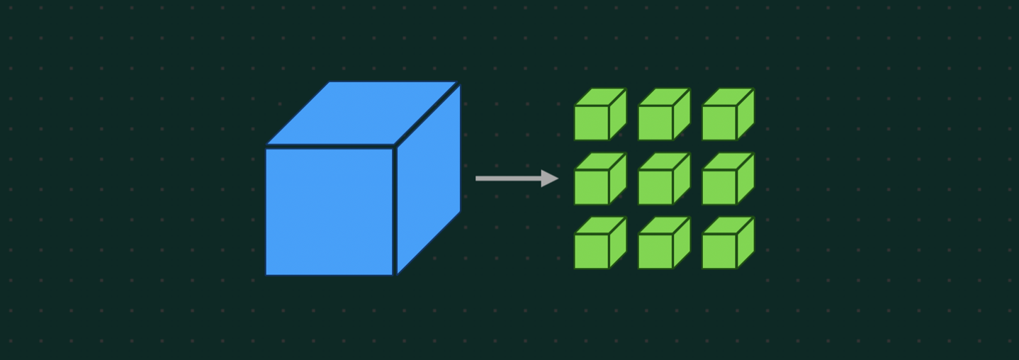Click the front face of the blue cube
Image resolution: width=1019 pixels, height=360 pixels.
(x=329, y=210)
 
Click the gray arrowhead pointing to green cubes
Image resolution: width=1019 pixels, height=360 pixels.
(x=550, y=179)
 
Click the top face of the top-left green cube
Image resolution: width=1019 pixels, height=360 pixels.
(x=600, y=97)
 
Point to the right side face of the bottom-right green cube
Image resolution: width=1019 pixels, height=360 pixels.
(x=745, y=242)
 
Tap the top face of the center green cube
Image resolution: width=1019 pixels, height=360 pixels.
(x=664, y=162)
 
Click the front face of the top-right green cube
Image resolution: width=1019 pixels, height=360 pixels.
(x=719, y=123)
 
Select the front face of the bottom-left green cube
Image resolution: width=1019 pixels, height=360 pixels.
(x=592, y=251)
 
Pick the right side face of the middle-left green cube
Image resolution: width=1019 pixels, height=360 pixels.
(x=618, y=179)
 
